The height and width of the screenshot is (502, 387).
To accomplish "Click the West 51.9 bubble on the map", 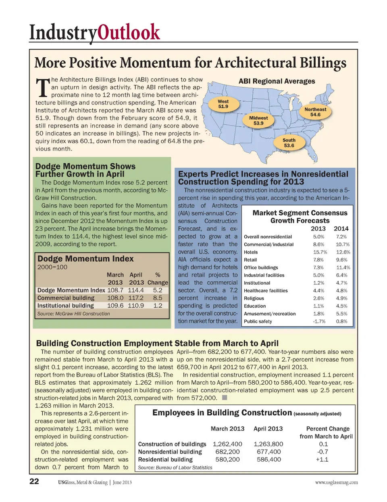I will click(x=223, y=104).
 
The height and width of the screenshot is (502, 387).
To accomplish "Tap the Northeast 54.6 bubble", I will click(x=315, y=112).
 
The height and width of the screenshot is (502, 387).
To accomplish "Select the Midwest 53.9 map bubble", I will click(x=258, y=121).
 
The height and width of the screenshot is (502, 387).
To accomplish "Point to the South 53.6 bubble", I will click(x=289, y=143).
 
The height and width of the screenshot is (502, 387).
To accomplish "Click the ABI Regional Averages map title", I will click(x=277, y=81).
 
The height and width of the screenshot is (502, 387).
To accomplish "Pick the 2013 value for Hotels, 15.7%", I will click(x=318, y=252).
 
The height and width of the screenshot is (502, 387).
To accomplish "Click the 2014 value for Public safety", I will click(x=341, y=321).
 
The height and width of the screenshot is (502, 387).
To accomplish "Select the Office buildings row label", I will click(x=261, y=267).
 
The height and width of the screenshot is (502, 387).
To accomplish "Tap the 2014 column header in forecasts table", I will click(x=341, y=228).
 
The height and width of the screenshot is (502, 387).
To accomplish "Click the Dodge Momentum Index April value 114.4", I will click(x=136, y=290).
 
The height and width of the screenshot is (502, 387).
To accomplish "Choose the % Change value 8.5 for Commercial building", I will click(x=158, y=298).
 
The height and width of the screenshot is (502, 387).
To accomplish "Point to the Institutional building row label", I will click(x=65, y=306).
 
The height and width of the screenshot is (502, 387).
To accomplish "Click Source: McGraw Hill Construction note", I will click(x=73, y=314).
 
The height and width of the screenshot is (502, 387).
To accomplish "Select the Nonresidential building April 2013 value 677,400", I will click(x=269, y=452).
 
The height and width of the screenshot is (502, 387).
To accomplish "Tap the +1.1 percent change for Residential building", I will click(x=322, y=460).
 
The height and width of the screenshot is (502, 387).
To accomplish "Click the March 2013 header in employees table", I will click(x=227, y=429).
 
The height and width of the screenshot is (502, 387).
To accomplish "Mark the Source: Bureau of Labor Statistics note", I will click(x=175, y=468).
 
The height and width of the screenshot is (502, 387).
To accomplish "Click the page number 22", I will click(x=34, y=481).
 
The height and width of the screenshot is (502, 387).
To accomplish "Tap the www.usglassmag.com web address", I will click(x=336, y=482).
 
